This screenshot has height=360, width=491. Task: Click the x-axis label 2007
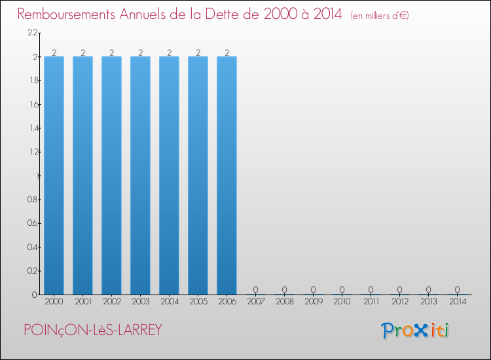pyautogui.click(x=255, y=302)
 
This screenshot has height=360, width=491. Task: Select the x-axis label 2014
pyautogui.click(x=457, y=302)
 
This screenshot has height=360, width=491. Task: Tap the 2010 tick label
pyautogui.click(x=342, y=302)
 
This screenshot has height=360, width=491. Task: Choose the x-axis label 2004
pyautogui.click(x=169, y=302)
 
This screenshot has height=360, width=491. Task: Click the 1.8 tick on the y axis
pyautogui.click(x=32, y=81)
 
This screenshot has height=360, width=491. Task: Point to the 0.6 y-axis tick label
pyautogui.click(x=32, y=223)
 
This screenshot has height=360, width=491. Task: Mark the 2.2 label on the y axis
pyautogui.click(x=32, y=33)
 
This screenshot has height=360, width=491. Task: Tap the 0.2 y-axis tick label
pyautogui.click(x=32, y=271)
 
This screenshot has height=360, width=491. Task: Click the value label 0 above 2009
pyautogui.click(x=313, y=289)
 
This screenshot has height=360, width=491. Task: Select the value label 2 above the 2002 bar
pyautogui.click(x=111, y=52)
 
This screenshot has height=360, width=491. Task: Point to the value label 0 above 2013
pyautogui.click(x=428, y=289)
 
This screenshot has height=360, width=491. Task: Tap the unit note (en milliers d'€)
pyautogui.click(x=380, y=16)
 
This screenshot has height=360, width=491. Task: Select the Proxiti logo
pyautogui.click(x=415, y=331)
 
